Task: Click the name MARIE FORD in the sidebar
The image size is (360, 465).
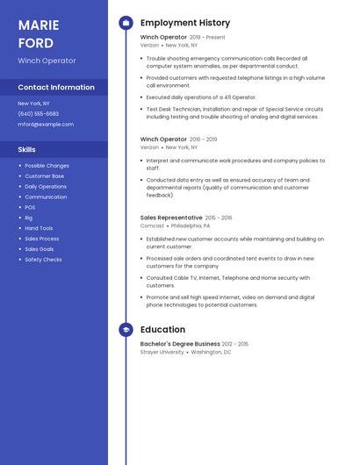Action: point(36,33)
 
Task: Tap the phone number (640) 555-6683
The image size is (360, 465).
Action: point(39,114)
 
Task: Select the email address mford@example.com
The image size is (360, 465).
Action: point(46,125)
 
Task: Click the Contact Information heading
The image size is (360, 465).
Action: point(56,88)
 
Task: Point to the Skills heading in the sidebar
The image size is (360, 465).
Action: point(27,150)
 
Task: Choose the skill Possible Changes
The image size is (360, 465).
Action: point(47,166)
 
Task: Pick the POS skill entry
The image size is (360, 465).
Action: point(30,207)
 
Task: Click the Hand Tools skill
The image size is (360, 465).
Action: point(39,228)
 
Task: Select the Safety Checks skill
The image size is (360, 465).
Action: point(43,260)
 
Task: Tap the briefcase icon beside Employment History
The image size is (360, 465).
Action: point(126,22)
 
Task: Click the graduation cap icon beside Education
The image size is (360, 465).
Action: point(126,330)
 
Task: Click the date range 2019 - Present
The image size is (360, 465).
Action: point(208,38)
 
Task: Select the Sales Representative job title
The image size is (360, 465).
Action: point(171,217)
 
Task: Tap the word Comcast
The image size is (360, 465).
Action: point(152,225)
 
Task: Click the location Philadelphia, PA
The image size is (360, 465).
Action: point(191,225)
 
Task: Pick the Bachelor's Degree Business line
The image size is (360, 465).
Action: point(180,344)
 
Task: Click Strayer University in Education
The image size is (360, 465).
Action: point(162,352)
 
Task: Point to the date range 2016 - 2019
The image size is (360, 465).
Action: point(204,139)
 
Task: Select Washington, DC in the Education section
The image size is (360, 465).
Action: point(212,352)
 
